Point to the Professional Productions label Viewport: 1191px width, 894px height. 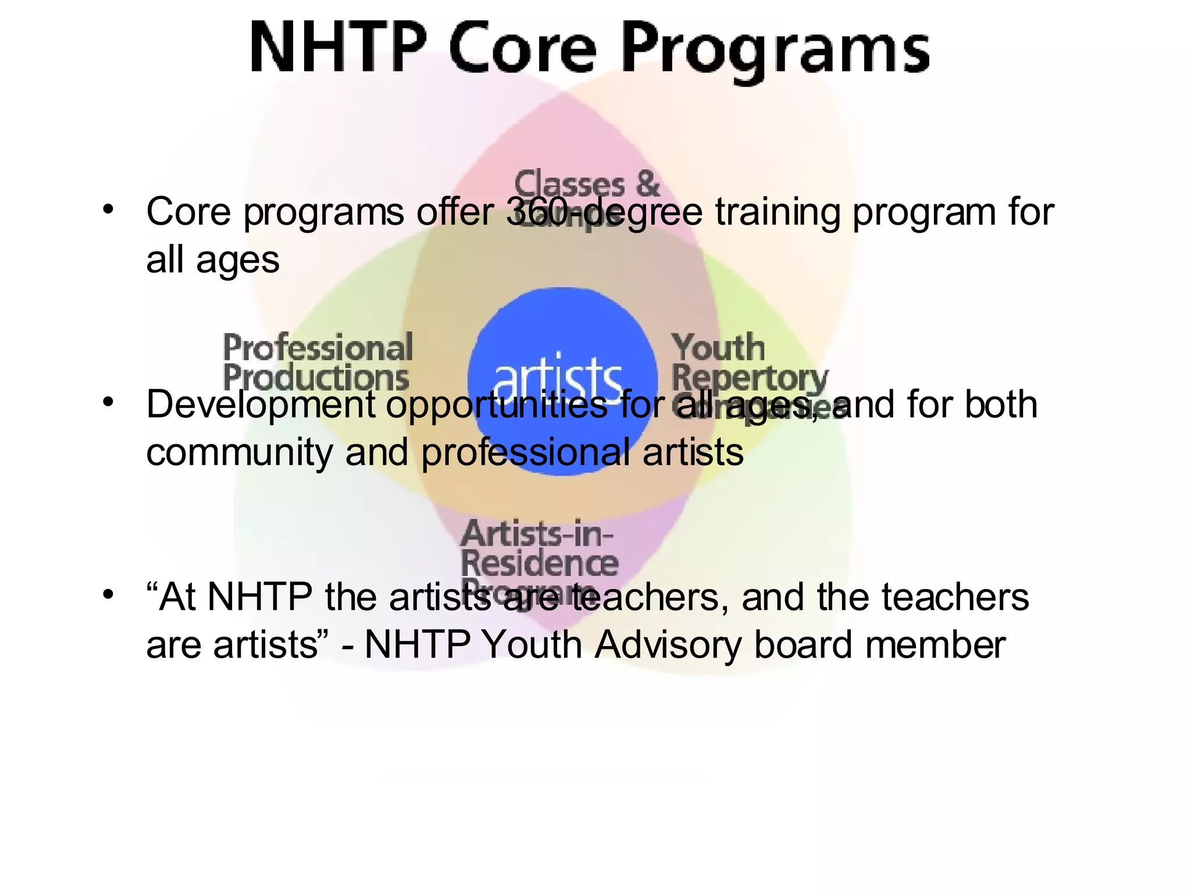click(x=318, y=362)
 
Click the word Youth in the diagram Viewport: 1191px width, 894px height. click(x=718, y=347)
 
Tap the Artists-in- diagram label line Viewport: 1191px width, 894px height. click(x=536, y=533)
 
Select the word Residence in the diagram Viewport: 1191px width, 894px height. click(x=540, y=563)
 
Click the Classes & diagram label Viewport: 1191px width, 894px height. click(x=587, y=184)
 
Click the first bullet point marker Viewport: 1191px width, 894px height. click(x=108, y=209)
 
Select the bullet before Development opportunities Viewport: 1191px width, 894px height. click(x=108, y=402)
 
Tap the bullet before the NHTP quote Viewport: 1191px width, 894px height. click(x=108, y=595)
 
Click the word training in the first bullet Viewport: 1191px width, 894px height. click(x=777, y=212)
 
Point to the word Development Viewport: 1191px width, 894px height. click(x=261, y=405)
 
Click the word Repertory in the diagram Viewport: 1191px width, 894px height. click(x=749, y=378)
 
